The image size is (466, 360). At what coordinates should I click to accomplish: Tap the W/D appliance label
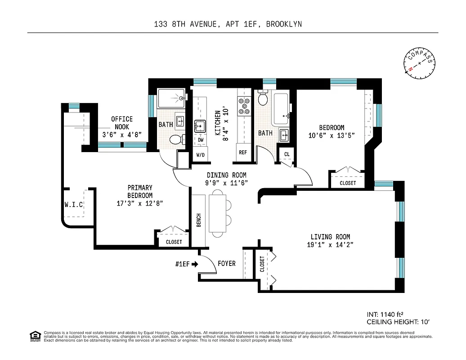pyautogui.click(x=200, y=155)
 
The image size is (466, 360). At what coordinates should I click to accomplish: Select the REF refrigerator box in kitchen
pyautogui.click(x=243, y=153)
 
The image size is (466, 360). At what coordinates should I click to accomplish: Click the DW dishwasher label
pyautogui.click(x=201, y=140)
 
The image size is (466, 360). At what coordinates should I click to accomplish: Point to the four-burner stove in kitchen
pyautogui.click(x=244, y=106)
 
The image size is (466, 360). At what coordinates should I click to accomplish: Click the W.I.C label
pyautogui.click(x=74, y=205)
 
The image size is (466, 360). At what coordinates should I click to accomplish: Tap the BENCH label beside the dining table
pyautogui.click(x=199, y=220)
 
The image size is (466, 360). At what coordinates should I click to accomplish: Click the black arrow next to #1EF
pyautogui.click(x=195, y=264)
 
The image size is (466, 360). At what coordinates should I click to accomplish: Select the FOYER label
pyautogui.click(x=226, y=263)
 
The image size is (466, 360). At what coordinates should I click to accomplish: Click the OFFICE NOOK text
pyautogui.click(x=122, y=122)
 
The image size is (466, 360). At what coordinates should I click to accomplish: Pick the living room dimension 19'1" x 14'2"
pyautogui.click(x=330, y=245)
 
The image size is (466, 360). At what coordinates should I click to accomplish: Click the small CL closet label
pyautogui.click(x=287, y=154)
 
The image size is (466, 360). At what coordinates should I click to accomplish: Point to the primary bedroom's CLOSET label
pyautogui.click(x=174, y=242)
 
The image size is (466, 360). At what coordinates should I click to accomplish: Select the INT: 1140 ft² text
pyautogui.click(x=387, y=315)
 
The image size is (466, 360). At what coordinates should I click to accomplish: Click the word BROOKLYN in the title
pyautogui.click(x=284, y=24)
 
